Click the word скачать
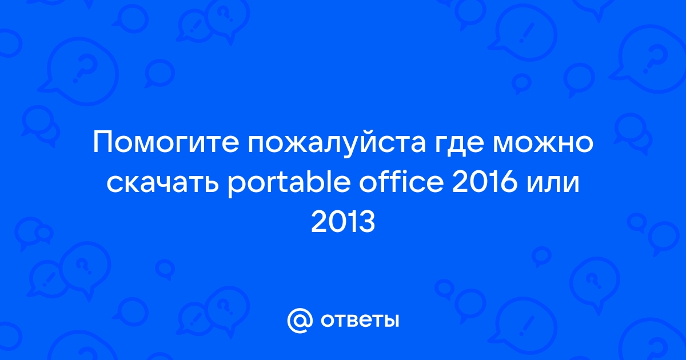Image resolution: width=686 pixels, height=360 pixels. pos(162,184)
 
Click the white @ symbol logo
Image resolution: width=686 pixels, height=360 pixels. pos(300,321)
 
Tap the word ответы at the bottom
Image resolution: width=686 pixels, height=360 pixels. pos(360,321)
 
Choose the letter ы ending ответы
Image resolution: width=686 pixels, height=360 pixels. pos(390,321)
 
